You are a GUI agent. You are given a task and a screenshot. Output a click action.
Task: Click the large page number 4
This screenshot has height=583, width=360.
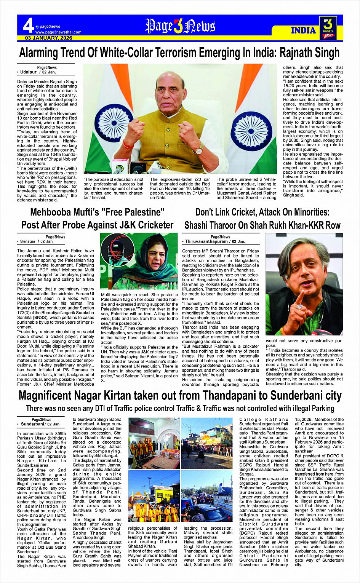coord(28,26)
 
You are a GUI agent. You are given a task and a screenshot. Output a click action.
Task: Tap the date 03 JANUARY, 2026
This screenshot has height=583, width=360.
coord(49,38)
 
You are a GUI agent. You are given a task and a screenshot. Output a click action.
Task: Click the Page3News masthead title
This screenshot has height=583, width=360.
coord(180,26)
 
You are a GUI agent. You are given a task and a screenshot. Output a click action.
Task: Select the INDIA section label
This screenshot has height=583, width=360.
coord(303,30)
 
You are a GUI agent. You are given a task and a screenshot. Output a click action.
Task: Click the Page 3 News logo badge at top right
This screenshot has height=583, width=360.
coord(328,28)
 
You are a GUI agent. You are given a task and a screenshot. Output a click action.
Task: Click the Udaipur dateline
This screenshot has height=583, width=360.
coord(29,72)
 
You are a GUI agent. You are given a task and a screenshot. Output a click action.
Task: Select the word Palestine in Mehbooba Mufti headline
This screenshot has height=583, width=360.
coord(141,212)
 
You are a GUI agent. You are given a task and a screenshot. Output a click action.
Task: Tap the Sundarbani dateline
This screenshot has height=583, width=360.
coord(33,424)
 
